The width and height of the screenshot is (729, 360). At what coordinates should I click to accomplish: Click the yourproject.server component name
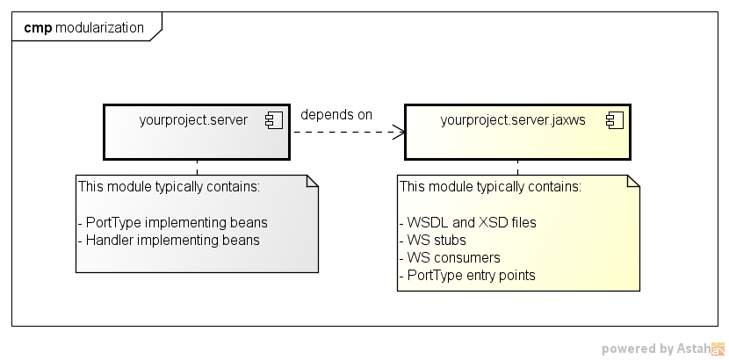[x=193, y=120]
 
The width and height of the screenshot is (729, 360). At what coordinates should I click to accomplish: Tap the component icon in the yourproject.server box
[x=273, y=121]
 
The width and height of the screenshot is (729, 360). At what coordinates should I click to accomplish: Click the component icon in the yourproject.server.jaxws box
[x=613, y=121]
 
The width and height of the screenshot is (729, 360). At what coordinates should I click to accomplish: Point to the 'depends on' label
[x=336, y=115]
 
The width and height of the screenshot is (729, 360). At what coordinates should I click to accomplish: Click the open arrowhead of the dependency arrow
[x=399, y=133]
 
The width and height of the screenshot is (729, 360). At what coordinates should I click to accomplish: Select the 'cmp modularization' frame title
[x=83, y=27]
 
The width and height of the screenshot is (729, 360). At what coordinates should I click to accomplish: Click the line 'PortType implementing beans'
[x=172, y=222]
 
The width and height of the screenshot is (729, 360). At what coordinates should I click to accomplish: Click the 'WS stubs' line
[x=432, y=240]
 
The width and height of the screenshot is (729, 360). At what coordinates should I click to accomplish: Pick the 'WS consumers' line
[x=449, y=257]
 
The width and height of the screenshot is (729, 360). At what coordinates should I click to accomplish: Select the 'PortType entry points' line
[x=467, y=275]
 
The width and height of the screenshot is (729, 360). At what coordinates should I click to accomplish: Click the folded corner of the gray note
[x=311, y=182]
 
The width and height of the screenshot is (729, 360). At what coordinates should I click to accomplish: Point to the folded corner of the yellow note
[x=632, y=182]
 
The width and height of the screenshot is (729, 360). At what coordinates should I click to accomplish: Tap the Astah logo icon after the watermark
[x=718, y=349]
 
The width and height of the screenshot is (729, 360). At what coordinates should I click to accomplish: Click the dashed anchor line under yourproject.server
[x=197, y=167]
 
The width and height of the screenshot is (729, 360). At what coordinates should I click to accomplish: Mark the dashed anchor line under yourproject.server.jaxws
[x=517, y=167]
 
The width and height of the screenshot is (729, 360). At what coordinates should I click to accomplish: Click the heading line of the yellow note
[x=489, y=187]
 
